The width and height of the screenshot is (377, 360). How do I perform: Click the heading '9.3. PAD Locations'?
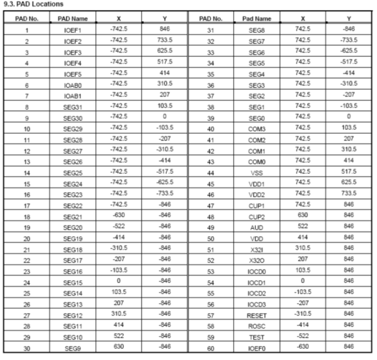pos(34,5)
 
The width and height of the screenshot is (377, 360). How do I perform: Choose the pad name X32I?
pos(257,249)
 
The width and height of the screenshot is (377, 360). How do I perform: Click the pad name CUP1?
pos(257,205)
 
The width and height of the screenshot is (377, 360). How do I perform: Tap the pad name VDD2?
pos(257,194)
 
